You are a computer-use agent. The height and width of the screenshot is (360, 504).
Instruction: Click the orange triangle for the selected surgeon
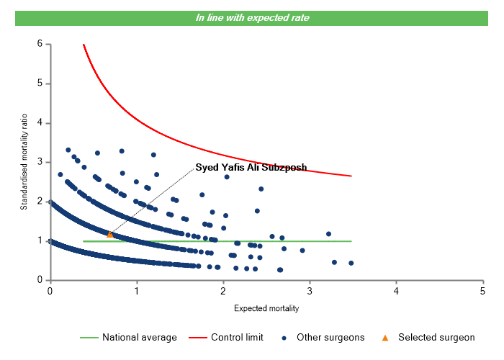point(110,234)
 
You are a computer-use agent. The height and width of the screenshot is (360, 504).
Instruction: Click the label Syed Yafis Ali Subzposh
point(251,167)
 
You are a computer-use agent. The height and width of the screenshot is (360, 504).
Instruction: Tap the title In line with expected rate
point(252,17)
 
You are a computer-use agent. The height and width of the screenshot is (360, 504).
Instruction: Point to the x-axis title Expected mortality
point(266,308)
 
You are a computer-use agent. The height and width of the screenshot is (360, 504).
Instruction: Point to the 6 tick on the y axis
point(40,44)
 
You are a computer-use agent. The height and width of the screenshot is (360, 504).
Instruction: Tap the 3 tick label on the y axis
point(40,162)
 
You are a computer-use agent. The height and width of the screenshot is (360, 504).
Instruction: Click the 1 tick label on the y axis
point(40,240)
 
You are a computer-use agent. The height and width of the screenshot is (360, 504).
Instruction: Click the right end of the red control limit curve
point(351,176)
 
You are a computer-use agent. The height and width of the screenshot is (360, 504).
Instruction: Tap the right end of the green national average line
point(351,241)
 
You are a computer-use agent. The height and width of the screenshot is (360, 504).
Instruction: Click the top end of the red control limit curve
point(84,45)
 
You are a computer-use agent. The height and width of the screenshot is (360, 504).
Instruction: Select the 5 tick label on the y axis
point(40,84)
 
